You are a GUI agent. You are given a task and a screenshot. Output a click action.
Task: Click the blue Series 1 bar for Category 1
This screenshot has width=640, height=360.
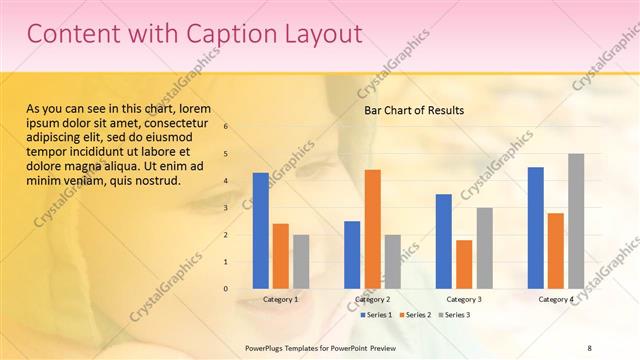tap(260, 231)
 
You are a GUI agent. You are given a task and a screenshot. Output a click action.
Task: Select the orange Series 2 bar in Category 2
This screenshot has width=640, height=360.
tap(372, 229)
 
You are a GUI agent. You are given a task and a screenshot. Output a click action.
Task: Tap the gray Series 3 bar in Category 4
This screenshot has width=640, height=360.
tap(576, 221)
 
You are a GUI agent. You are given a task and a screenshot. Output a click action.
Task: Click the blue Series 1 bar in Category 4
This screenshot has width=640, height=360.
tap(536, 228)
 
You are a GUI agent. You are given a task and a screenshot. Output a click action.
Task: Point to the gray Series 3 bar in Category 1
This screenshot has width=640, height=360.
tap(301, 262)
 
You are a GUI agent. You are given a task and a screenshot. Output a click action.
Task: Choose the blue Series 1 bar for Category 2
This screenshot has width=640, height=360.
tap(352, 255)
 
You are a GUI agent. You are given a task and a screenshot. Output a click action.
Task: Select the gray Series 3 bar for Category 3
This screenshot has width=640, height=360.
tap(484, 248)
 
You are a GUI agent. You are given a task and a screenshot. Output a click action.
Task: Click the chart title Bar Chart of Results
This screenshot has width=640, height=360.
tap(413, 110)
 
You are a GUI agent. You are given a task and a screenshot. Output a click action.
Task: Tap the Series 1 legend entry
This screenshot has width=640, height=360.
tap(376, 315)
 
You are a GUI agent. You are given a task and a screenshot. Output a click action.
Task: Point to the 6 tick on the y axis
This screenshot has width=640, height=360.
tap(226, 127)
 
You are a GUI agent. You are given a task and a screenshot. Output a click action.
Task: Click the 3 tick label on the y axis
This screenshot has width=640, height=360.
tap(226, 208)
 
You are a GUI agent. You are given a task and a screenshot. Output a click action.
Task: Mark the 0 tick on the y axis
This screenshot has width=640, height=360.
tap(226, 289)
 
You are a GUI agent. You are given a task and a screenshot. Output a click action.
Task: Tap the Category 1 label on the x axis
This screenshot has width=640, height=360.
tap(280, 299)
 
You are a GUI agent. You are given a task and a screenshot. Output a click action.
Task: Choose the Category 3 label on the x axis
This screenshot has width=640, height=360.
tap(464, 299)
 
